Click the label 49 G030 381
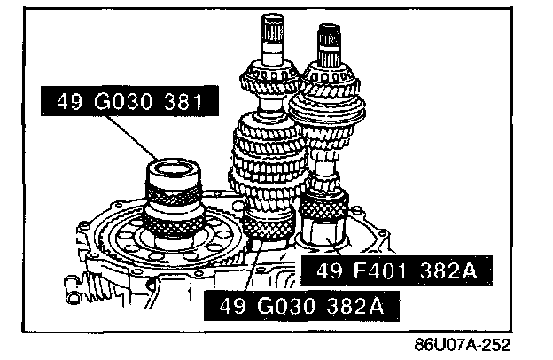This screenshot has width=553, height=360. click(129, 101)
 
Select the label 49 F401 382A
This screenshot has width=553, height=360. click(396, 270)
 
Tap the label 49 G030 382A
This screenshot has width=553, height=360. click(301, 306)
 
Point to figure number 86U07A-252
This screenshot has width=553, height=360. click(462, 345)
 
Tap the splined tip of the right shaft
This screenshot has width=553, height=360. click(329, 40)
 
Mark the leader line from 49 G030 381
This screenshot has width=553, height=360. click(131, 137)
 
